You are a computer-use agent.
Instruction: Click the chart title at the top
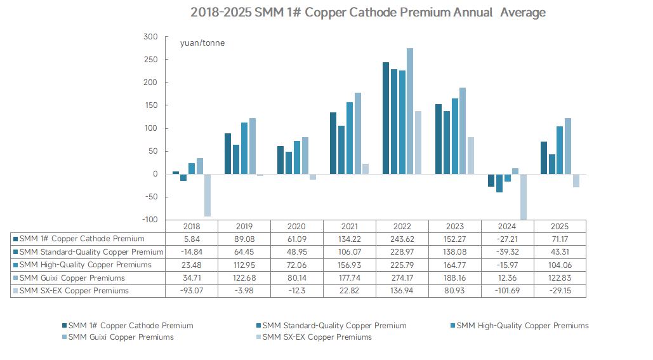click(367, 13)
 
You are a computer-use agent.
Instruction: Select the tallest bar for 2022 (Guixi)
click(410, 111)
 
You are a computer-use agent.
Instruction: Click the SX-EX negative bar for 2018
click(208, 195)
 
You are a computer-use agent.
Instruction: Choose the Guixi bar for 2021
click(358, 133)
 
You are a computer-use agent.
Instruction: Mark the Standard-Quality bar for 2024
click(499, 183)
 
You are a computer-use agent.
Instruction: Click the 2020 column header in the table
click(296, 227)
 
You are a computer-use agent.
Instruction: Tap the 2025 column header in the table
click(560, 227)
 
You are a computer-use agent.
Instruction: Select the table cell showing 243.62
click(402, 239)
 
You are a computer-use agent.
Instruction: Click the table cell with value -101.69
click(507, 291)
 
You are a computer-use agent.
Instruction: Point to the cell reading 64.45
click(244, 252)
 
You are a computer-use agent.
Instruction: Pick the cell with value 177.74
click(349, 278)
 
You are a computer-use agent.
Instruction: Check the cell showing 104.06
click(560, 265)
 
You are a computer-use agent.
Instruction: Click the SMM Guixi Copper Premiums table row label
click(72, 278)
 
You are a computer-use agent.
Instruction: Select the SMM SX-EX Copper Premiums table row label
click(74, 291)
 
